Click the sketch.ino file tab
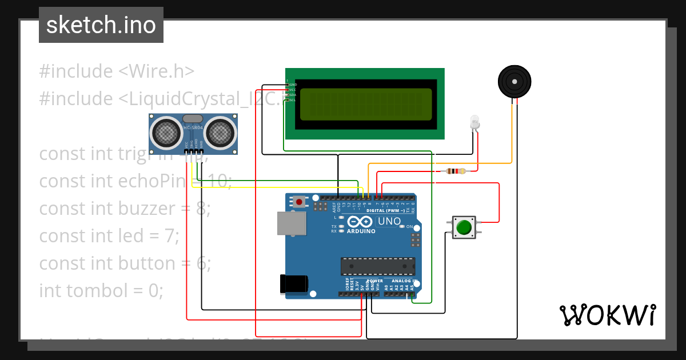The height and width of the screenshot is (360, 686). [x=101, y=25]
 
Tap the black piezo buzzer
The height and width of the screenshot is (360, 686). [x=514, y=82]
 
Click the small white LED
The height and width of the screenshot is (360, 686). [x=474, y=121]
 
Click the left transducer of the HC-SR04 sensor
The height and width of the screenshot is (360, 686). [x=166, y=133]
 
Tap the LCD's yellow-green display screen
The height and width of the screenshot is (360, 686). [x=364, y=104]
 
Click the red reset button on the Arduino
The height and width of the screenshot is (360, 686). [x=299, y=201]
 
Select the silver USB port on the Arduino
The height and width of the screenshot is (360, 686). [x=292, y=223]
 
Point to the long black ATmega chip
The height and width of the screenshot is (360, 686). [x=377, y=266]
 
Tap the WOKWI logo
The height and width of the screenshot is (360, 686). [x=607, y=315]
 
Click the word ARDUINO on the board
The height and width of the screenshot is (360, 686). [x=361, y=231]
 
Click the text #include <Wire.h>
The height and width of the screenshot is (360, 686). [x=117, y=71]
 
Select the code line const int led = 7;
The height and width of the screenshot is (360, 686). [x=109, y=236]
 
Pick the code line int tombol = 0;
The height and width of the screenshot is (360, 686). [x=101, y=291]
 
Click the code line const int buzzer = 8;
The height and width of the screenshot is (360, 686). [x=125, y=209]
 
